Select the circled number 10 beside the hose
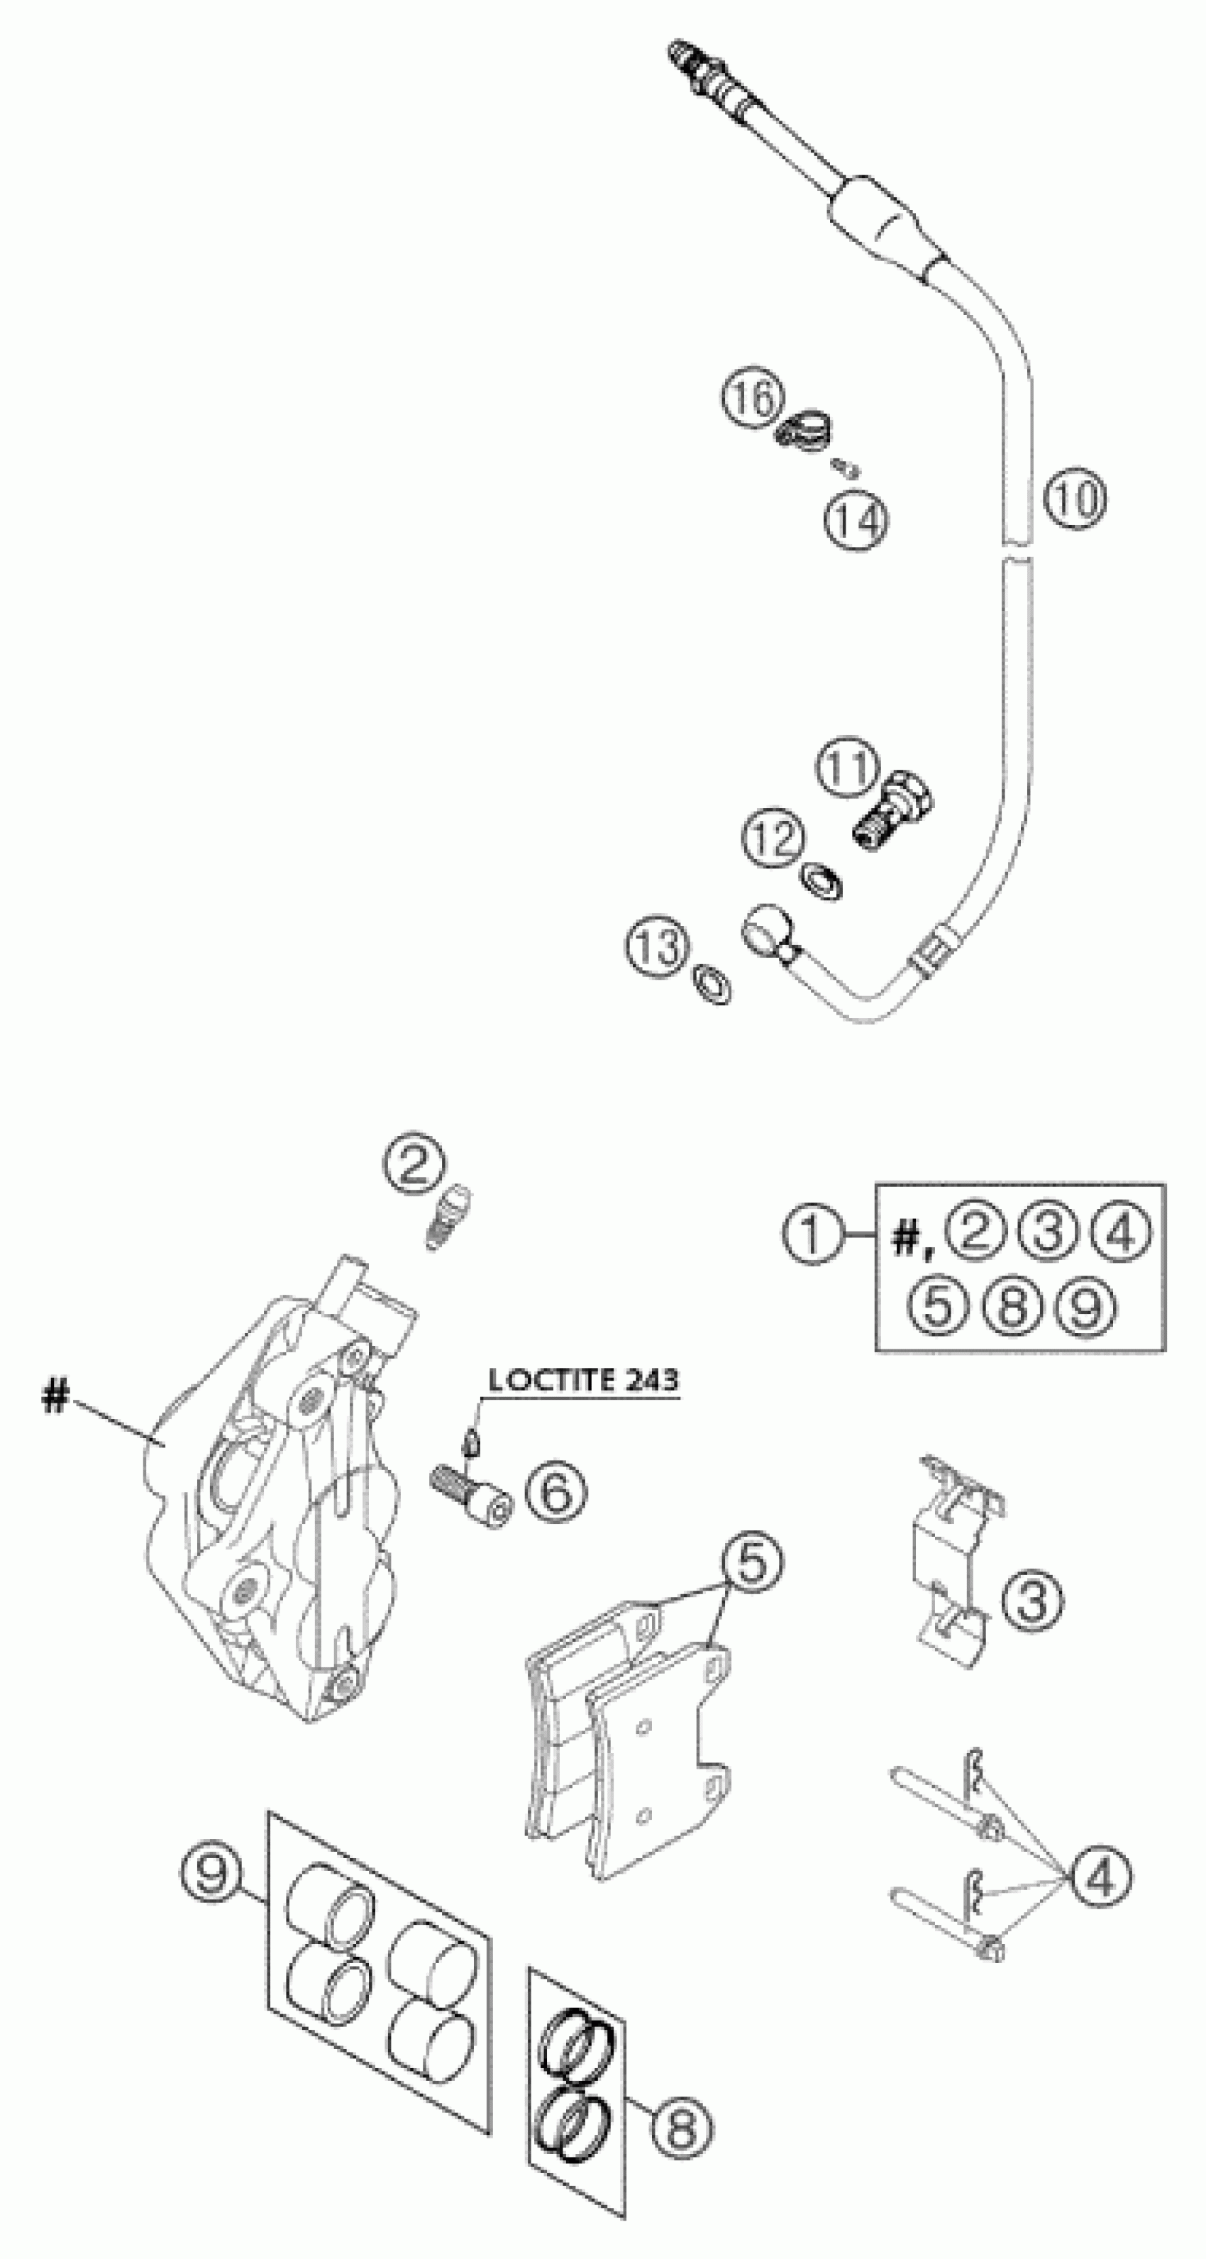click(1075, 498)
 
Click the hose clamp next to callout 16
click(806, 431)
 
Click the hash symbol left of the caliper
click(55, 1396)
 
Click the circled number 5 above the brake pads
click(752, 1564)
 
